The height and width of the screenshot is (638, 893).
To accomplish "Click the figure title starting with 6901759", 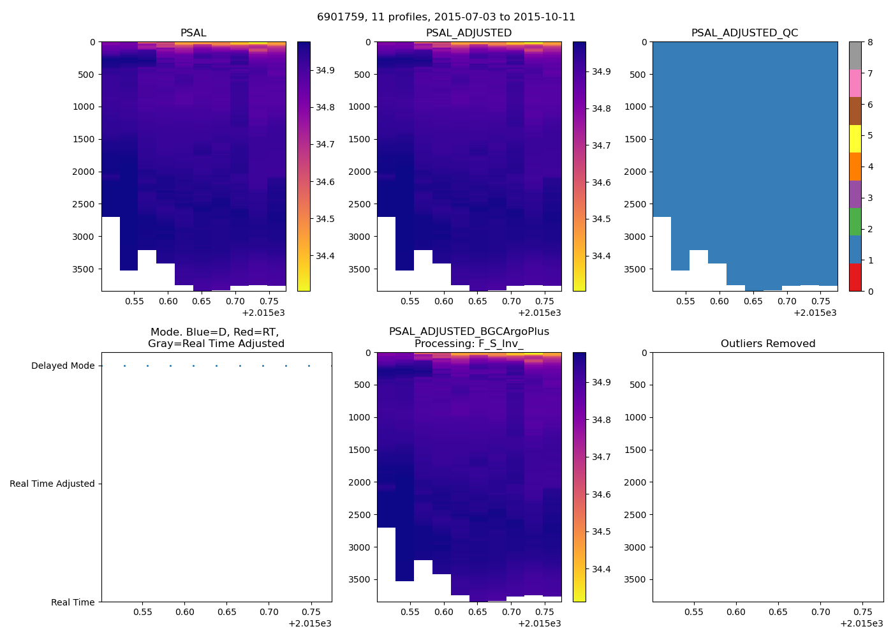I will tap(446, 17).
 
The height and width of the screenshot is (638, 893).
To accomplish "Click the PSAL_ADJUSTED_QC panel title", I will tap(744, 33).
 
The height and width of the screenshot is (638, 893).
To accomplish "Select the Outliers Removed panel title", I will tap(768, 344).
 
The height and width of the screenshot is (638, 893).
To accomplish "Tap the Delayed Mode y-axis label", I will tap(63, 366).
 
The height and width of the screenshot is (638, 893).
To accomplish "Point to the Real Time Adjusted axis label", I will tap(52, 484).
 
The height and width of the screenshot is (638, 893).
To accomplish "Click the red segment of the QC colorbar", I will tap(855, 278).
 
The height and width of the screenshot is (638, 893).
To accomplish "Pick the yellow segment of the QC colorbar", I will tap(855, 138).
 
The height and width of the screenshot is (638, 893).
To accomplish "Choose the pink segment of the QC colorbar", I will tap(855, 83).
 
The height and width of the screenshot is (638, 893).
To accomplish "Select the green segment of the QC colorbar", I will tap(855, 221).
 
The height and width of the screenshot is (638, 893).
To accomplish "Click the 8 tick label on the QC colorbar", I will tap(870, 43).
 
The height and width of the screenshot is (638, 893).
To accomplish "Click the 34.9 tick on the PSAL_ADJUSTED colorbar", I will tap(601, 72).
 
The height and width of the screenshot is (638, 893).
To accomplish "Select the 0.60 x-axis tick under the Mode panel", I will tap(185, 612).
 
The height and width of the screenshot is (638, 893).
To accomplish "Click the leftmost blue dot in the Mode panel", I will tap(124, 366).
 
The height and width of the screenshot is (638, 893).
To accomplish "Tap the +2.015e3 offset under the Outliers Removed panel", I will tap(861, 624).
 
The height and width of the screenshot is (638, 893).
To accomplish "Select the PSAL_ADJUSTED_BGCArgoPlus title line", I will tap(469, 332).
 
